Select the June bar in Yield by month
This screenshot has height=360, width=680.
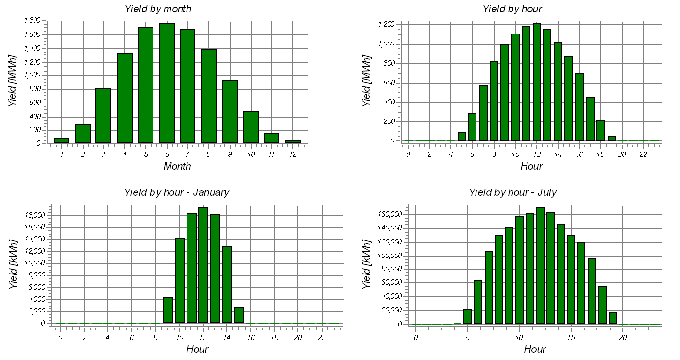coord(167,83)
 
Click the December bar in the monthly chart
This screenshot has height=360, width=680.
coord(292,141)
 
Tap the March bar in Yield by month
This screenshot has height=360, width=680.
coord(103,116)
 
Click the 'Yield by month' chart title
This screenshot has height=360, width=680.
coord(158,9)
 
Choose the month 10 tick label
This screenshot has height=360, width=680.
coord(251,154)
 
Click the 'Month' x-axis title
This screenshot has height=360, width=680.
coord(177,166)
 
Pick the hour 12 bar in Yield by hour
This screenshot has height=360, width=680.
coord(536,82)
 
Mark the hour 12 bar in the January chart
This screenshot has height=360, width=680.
coord(203,265)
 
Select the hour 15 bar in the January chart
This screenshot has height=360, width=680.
coord(238,315)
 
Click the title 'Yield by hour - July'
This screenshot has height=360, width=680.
coord(512,192)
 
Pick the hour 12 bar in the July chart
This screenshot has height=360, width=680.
coord(540,266)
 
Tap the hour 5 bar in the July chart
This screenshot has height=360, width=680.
coord(467,317)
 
